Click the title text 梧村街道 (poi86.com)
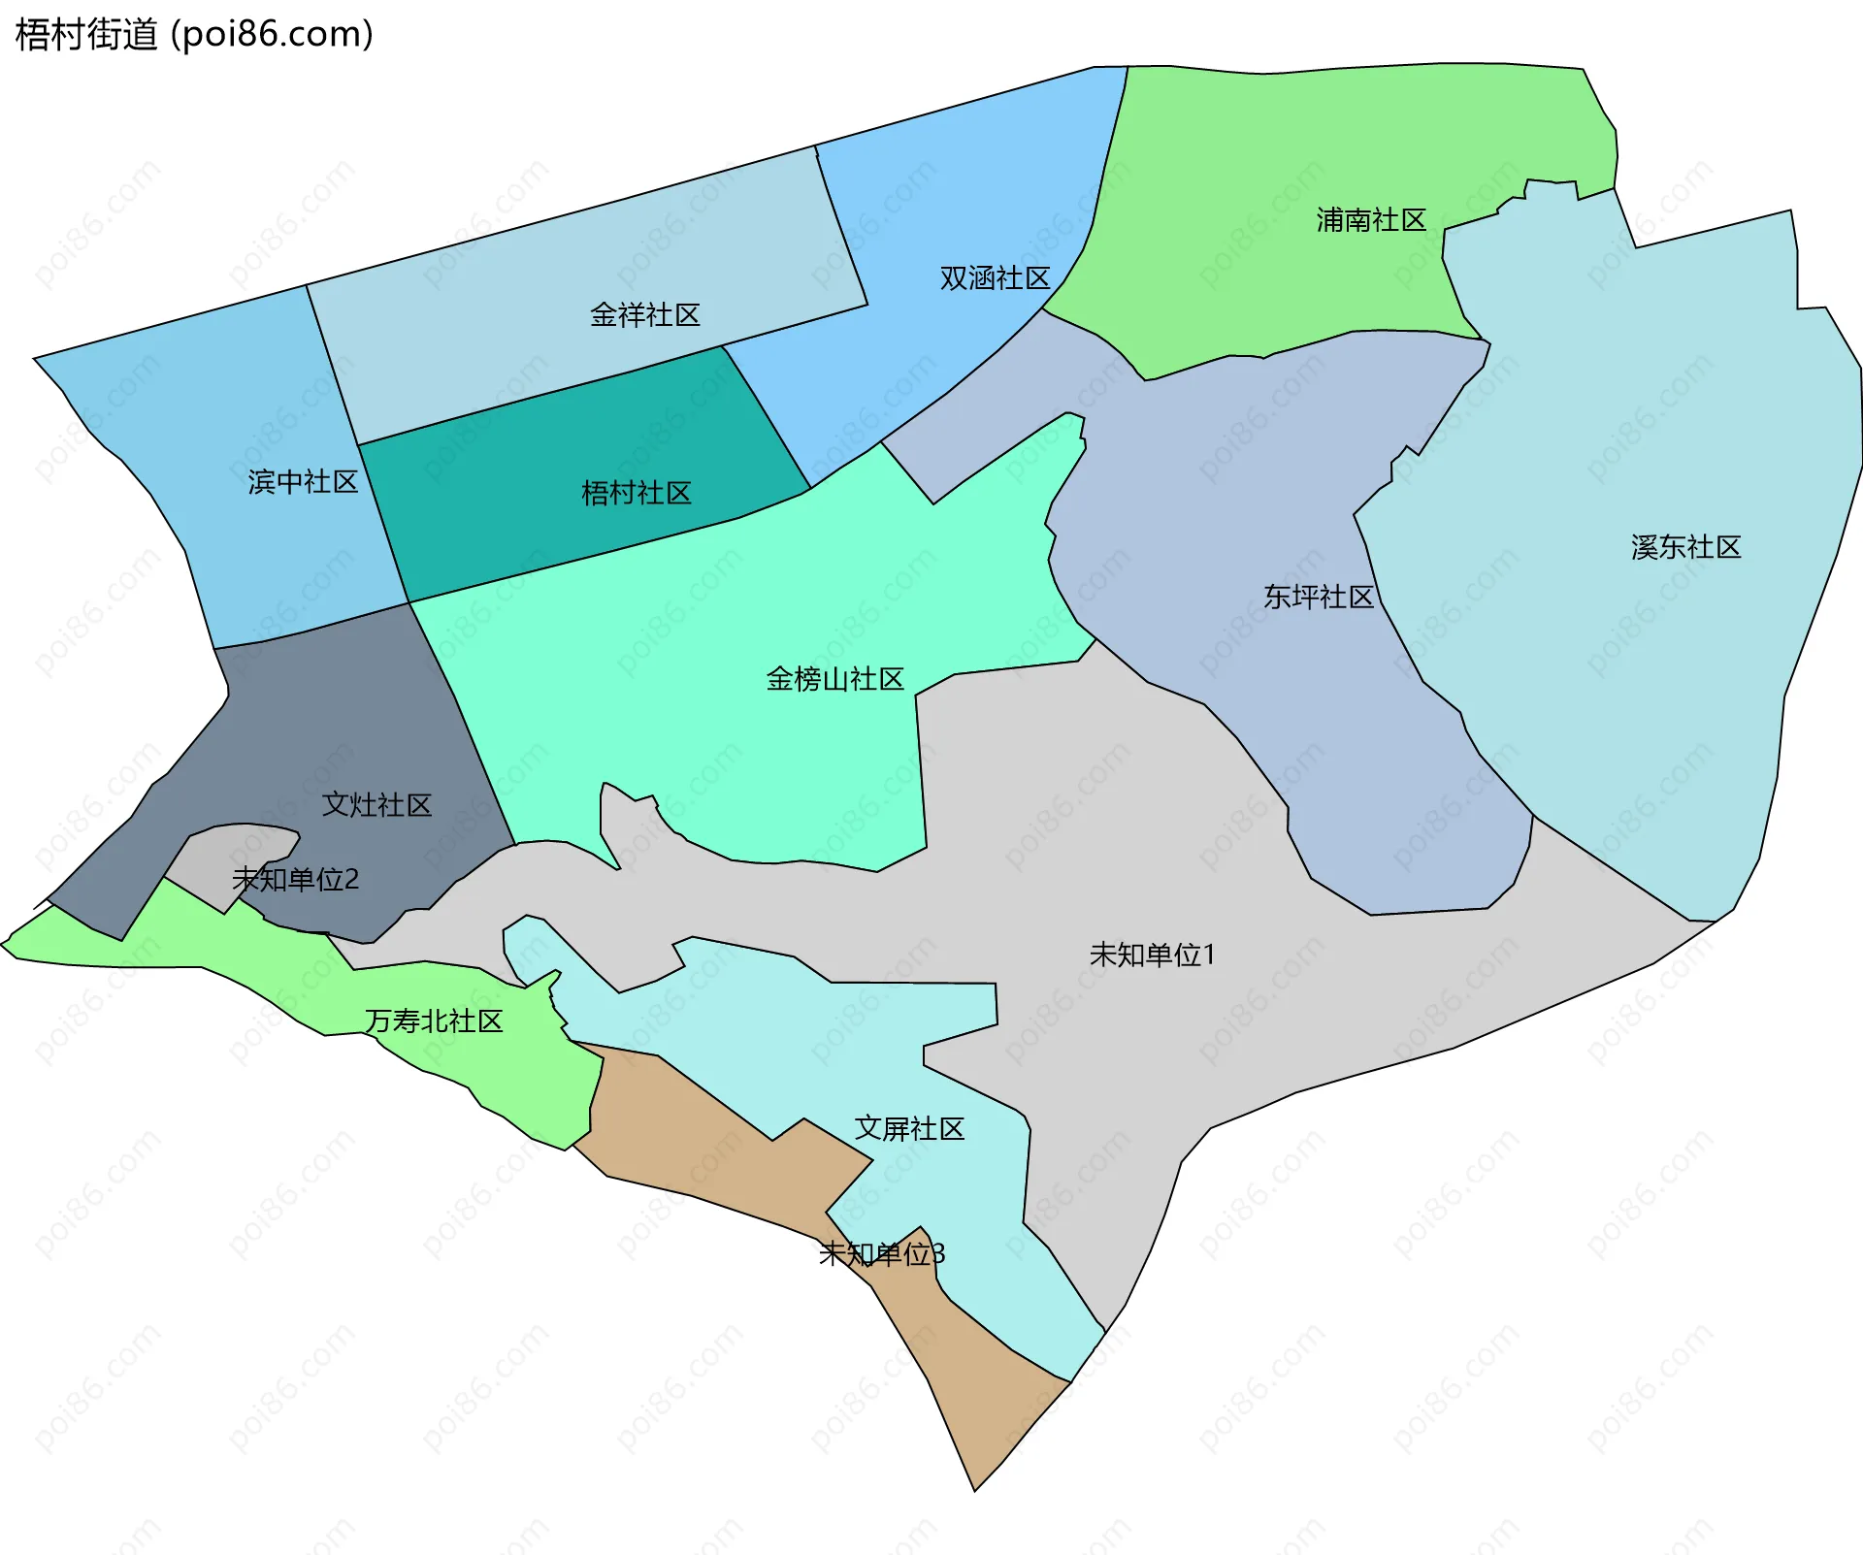coord(194,34)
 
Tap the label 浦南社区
coord(1370,220)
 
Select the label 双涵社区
coord(995,278)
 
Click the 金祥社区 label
coord(644,315)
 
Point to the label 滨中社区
coord(303,482)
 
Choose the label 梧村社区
coord(636,494)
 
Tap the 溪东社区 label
coord(1685,547)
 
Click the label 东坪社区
coord(1318,597)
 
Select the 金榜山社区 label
coord(834,679)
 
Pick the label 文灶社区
coord(376,804)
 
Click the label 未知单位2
coord(295,880)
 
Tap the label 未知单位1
coord(1152,955)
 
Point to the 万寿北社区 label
coord(434,1020)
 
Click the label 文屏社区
coord(909,1128)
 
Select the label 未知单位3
coord(881,1254)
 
